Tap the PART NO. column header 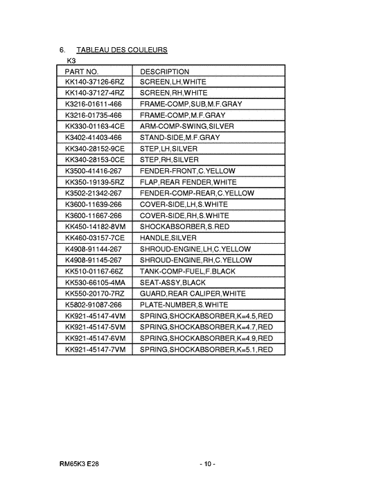[x=82, y=71]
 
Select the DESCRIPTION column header [x=164, y=71]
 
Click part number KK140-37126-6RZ [x=94, y=82]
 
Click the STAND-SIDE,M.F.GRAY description [x=179, y=138]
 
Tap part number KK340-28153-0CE [x=95, y=160]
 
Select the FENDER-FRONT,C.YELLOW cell [x=187, y=170]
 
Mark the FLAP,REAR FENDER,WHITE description [x=188, y=181]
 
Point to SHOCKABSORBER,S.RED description [x=184, y=226]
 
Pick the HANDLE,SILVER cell [x=168, y=237]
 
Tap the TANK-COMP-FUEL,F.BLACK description [x=188, y=271]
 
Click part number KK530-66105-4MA [x=95, y=283]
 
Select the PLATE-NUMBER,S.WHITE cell [x=184, y=305]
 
